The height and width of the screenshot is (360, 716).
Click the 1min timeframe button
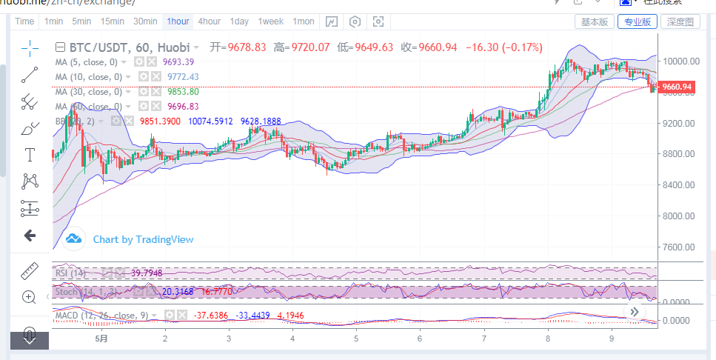click(53, 21)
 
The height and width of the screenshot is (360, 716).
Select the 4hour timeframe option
click(209, 21)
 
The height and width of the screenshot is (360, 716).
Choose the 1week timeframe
click(270, 21)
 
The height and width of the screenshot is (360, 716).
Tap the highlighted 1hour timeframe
click(178, 21)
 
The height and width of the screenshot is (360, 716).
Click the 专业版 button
click(638, 21)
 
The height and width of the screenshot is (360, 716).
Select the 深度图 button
click(680, 21)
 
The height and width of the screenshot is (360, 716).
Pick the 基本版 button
click(595, 21)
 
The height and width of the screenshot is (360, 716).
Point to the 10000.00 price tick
click(681, 61)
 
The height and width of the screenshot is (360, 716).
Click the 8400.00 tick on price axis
click(681, 185)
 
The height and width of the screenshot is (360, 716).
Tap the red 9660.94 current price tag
click(677, 87)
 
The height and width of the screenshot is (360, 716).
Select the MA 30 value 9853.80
click(182, 92)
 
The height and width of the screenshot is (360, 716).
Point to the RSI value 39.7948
click(147, 273)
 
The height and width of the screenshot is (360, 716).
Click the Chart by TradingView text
click(143, 239)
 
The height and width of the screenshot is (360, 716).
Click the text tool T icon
click(30, 155)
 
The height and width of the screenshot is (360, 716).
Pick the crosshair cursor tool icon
click(30, 48)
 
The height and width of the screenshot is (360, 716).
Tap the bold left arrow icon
click(30, 236)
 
